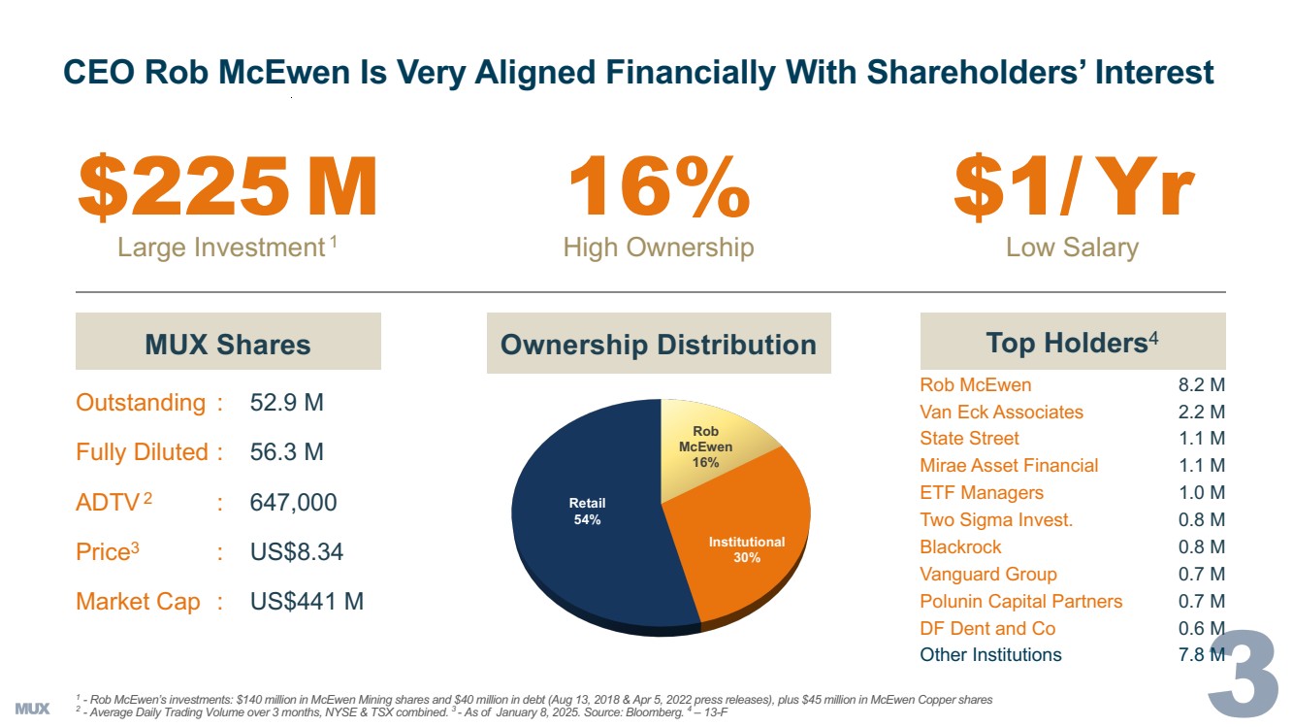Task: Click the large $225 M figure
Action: pyautogui.click(x=227, y=189)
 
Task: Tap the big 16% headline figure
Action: pyautogui.click(x=659, y=189)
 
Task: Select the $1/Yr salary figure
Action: pyautogui.click(x=1073, y=189)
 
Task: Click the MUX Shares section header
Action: pyautogui.click(x=228, y=344)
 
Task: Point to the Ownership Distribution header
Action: pyautogui.click(x=659, y=345)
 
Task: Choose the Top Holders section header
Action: pyautogui.click(x=1072, y=343)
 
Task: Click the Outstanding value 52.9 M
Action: pyautogui.click(x=287, y=403)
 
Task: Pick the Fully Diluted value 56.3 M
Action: pyautogui.click(x=287, y=452)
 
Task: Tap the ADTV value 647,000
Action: pyautogui.click(x=294, y=503)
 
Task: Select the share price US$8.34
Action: pyautogui.click(x=297, y=552)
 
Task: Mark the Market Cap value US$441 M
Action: pyautogui.click(x=307, y=602)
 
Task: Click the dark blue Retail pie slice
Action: pyautogui.click(x=582, y=524)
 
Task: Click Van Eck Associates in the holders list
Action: pyautogui.click(x=1001, y=412)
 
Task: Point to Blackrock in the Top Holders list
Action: pyautogui.click(x=960, y=546)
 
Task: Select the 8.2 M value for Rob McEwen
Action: pyautogui.click(x=1201, y=384)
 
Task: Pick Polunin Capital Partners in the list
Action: pyautogui.click(x=1020, y=601)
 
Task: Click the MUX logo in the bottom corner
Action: pyautogui.click(x=33, y=708)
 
